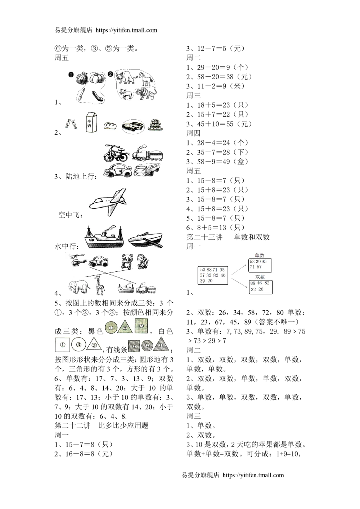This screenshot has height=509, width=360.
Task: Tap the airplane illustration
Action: click(108, 202)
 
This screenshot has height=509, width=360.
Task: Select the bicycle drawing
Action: click(116, 153)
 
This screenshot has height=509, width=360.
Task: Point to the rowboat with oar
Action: click(145, 240)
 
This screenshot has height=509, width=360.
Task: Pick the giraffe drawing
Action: click(100, 285)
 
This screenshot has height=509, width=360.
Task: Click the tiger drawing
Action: click(145, 93)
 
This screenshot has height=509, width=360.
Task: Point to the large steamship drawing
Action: click(104, 238)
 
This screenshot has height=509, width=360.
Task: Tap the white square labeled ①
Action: click(62, 345)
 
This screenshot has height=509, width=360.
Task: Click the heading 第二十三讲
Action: click(204, 237)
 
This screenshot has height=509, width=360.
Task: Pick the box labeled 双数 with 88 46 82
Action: click(261, 287)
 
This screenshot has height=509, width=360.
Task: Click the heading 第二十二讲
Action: click(72, 425)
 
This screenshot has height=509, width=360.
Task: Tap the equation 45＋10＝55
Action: click(215, 124)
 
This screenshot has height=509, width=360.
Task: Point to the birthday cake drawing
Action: click(156, 125)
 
